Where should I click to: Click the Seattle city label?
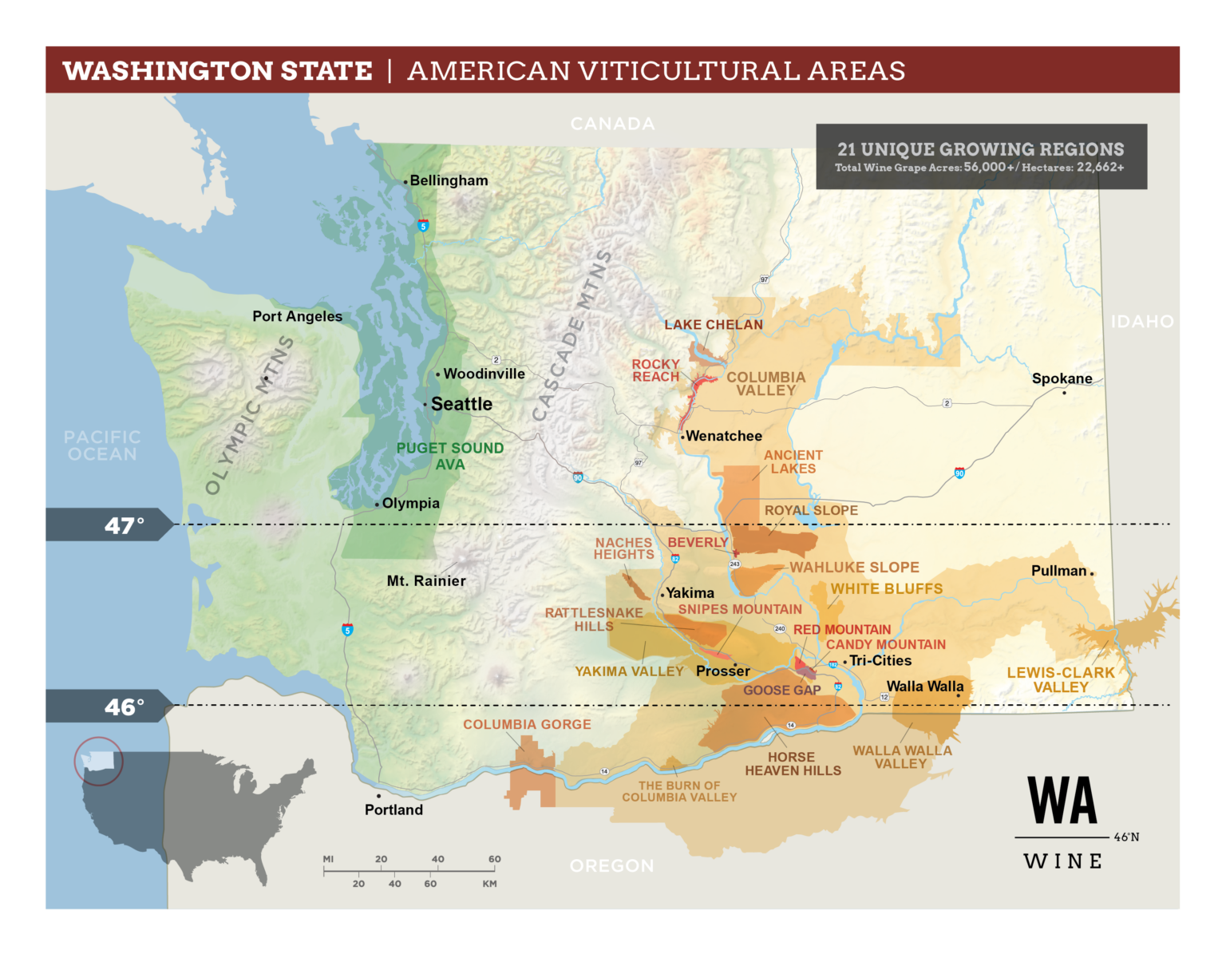point(461,405)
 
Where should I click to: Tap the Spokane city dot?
point(1064,392)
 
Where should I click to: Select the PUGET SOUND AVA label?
point(450,456)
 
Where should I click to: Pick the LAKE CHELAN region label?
point(714,325)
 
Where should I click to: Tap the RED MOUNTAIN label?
point(842,630)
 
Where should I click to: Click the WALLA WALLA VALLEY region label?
point(902,757)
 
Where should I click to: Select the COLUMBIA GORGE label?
point(527,724)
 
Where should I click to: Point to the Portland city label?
point(394,810)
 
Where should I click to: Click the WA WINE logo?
point(1063,822)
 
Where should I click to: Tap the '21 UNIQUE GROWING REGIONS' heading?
point(980,149)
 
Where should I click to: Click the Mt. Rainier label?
point(426,581)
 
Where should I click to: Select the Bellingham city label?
point(449,180)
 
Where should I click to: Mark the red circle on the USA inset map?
point(99,761)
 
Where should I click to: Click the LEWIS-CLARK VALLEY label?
point(1060,679)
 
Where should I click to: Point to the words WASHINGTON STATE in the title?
point(218,70)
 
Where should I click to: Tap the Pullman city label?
point(1058,571)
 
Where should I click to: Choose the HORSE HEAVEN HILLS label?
point(793,763)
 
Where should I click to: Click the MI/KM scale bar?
point(411,871)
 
